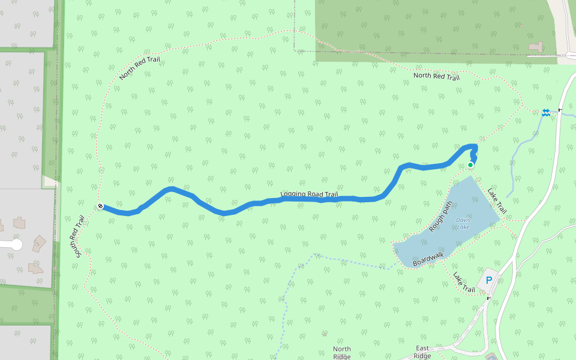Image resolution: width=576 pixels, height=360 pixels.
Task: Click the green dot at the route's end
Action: tap(470, 165)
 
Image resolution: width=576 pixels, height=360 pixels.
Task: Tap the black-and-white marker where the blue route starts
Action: tap(100, 206)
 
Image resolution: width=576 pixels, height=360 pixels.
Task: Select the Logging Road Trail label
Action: tap(309, 194)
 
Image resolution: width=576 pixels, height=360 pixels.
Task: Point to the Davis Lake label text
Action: tap(463, 223)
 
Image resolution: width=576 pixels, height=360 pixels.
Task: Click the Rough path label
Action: tap(440, 217)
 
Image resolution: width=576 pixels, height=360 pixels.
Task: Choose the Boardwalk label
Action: tap(428, 259)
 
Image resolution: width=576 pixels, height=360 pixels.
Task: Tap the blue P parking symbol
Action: tap(488, 280)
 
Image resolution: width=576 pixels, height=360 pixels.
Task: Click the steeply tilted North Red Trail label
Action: tap(139, 65)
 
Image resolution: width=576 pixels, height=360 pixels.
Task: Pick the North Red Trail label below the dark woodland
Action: tap(436, 77)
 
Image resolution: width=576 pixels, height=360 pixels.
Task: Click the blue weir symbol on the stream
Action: tap(546, 112)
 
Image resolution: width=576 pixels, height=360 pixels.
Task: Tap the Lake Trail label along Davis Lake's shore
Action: tap(497, 202)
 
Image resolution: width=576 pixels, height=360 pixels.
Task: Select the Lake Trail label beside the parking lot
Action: tap(464, 283)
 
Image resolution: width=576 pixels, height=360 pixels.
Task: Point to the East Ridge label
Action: tap(422, 352)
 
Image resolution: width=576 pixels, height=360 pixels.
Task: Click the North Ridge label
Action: tap(341, 353)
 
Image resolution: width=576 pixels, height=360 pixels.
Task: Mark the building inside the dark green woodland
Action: tap(535, 46)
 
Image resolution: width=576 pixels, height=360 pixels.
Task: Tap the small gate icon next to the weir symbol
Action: tap(560, 110)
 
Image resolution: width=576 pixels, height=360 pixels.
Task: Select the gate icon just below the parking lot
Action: tap(489, 298)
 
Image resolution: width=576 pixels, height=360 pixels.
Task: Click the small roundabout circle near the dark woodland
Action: tap(569, 56)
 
